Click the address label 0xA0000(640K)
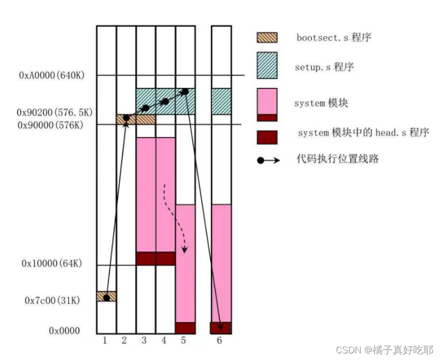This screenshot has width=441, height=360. [51, 76]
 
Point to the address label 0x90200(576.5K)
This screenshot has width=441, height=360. [51, 112]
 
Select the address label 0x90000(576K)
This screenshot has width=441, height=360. [50, 124]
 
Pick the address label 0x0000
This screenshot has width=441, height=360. [65, 331]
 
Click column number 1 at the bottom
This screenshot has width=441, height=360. [105, 341]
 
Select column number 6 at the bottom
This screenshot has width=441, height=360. [219, 341]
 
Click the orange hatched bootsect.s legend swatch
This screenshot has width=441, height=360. [267, 38]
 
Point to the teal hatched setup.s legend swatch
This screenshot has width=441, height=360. [267, 66]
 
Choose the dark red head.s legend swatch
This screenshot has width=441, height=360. [267, 137]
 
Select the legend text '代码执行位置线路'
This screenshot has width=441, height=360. [338, 159]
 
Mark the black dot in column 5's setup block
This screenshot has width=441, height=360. [185, 91]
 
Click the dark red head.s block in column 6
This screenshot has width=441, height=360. [220, 328]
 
